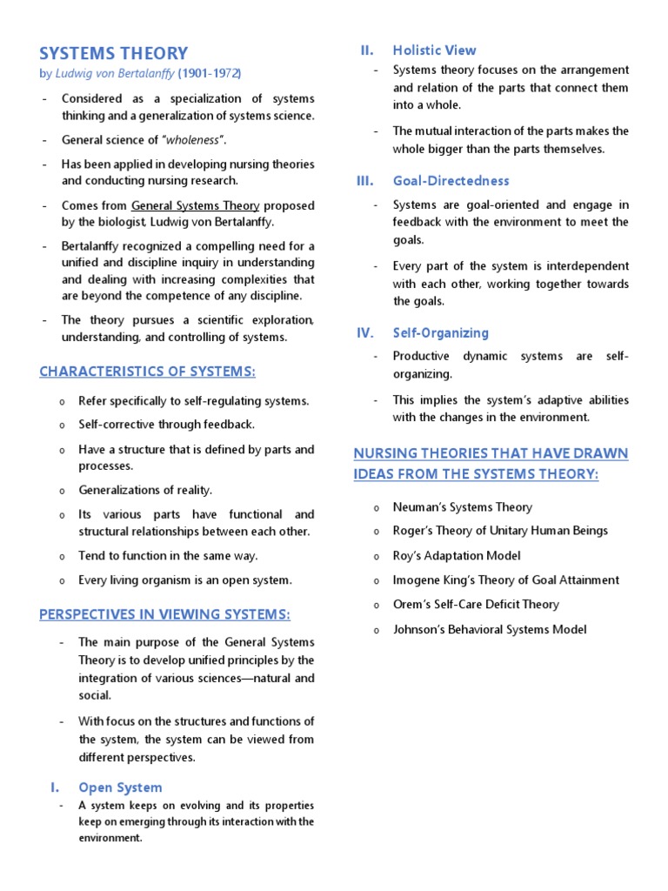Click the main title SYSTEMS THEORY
(x=113, y=54)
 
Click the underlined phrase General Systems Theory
(x=195, y=206)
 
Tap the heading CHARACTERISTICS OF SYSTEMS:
(x=148, y=372)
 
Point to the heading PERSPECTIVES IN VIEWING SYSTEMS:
(x=164, y=614)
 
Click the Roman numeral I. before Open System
(x=55, y=787)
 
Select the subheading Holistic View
(x=434, y=50)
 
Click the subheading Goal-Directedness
(x=451, y=181)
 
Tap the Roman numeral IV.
(x=365, y=332)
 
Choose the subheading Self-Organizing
(x=440, y=333)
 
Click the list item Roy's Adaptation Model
(x=457, y=555)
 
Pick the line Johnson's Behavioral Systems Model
(x=490, y=629)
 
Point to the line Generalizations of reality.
(x=145, y=490)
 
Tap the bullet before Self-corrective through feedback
(x=63, y=425)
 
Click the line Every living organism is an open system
(x=185, y=579)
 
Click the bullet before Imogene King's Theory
(x=376, y=580)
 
